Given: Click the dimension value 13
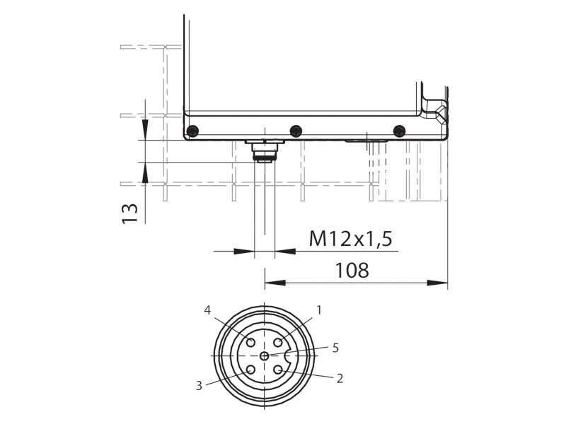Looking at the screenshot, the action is coord(130,214).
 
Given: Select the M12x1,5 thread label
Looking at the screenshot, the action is coord(350,238).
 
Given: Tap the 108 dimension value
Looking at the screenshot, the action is coord(352,271).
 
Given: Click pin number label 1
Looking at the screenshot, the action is coord(319,310).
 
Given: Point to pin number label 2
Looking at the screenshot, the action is coord(340,378).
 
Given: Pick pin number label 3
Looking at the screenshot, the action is coord(199,385).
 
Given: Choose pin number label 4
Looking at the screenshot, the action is coord(207,310).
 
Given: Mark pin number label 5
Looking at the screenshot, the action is coord(335,348).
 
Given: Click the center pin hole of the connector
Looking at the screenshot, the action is coord(265,356).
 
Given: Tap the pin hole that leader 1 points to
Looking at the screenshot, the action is coord(278,342).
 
